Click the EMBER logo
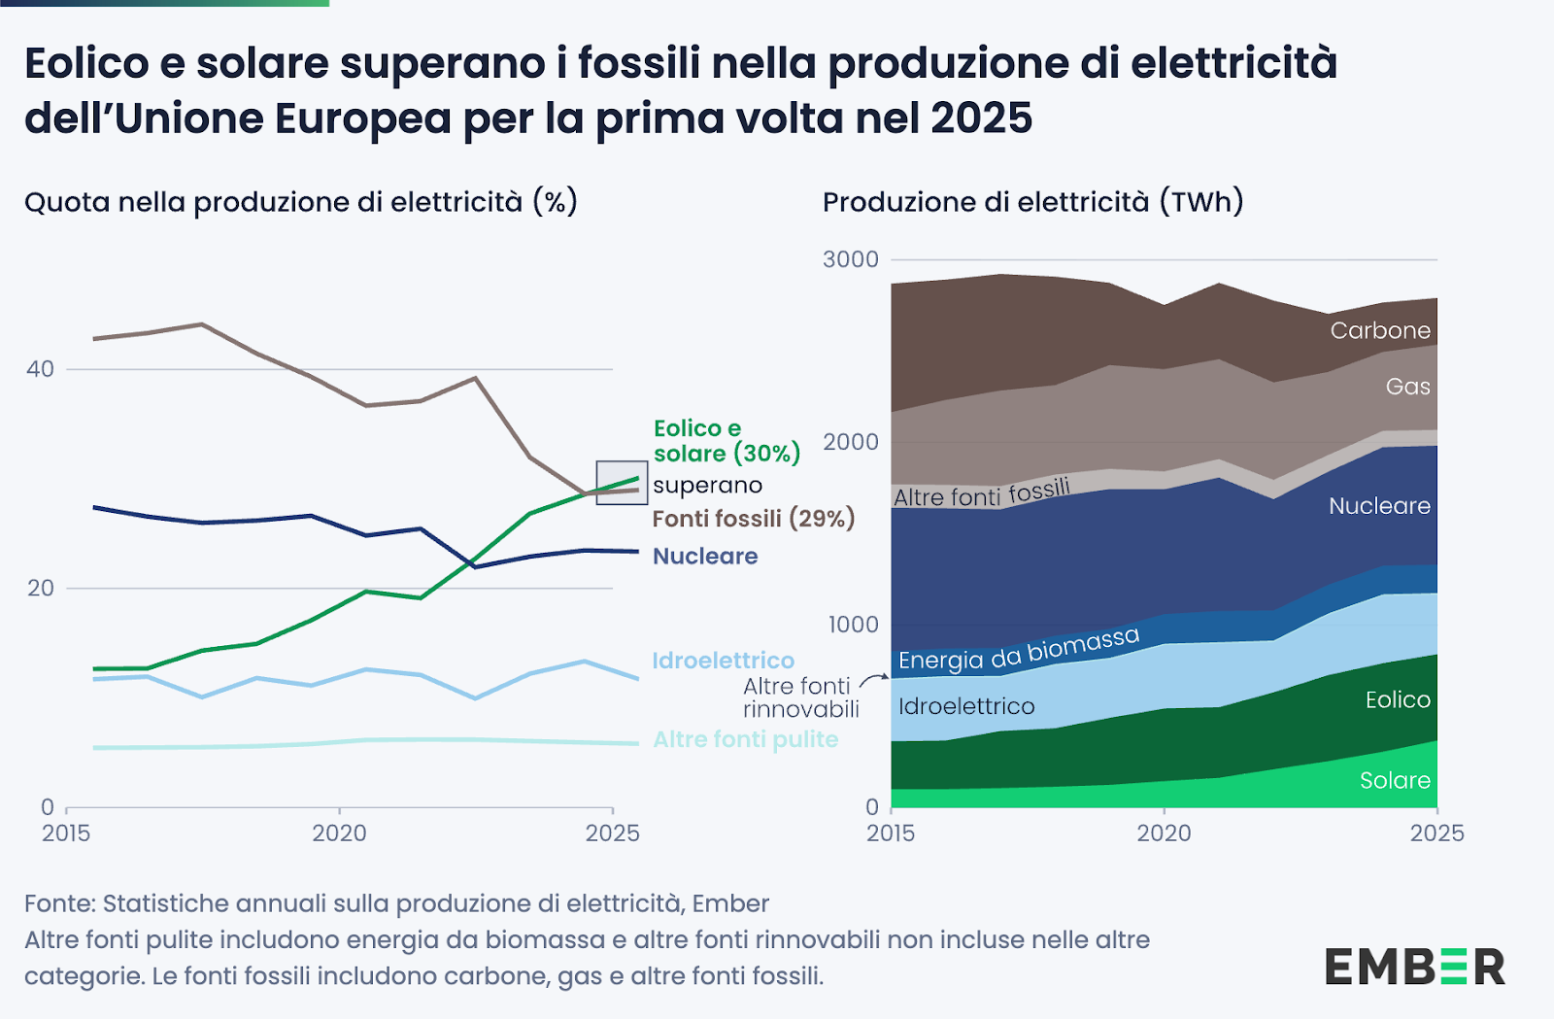click(x=1414, y=967)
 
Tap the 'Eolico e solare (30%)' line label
click(x=726, y=441)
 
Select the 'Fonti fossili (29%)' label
click(x=753, y=519)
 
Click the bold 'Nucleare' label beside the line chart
click(x=705, y=557)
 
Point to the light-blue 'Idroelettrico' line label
click(x=723, y=661)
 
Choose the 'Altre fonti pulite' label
click(x=745, y=739)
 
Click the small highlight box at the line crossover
click(x=622, y=482)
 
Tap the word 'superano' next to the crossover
click(x=707, y=486)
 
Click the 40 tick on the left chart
click(x=40, y=369)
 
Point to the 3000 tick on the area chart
click(x=850, y=259)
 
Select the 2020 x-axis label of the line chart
click(x=339, y=833)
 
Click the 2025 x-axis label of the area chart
click(x=1436, y=833)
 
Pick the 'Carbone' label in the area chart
click(x=1380, y=331)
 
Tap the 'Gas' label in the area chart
click(x=1407, y=387)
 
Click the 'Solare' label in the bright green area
click(x=1395, y=781)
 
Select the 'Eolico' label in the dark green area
click(x=1398, y=700)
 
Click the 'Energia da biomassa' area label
click(x=1018, y=649)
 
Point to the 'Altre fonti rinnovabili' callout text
click(x=800, y=697)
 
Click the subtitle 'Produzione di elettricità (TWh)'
click(x=1032, y=202)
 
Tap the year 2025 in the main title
click(x=981, y=119)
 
